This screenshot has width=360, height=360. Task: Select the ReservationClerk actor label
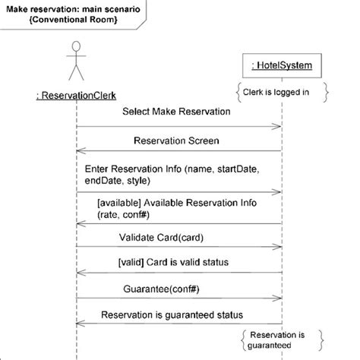coord(76,95)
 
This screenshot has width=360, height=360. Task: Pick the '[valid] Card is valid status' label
coord(174,262)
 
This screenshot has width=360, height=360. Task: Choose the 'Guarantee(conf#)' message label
coord(174,289)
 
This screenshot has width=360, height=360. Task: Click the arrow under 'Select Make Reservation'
coord(178,126)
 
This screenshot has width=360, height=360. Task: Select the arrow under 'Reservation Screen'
coord(178,153)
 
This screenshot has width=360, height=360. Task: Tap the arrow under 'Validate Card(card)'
coord(178,248)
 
